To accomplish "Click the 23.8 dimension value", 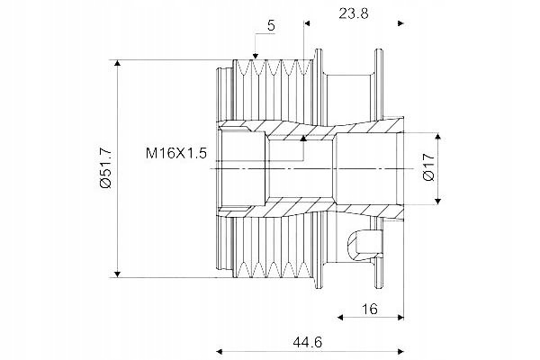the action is tap(354, 13).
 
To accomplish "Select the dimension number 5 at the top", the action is tap(272, 25).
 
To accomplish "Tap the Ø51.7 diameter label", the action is tap(105, 168).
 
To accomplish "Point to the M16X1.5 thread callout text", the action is tap(176, 153).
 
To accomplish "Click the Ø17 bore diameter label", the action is tap(429, 167).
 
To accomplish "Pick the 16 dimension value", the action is tap(370, 309).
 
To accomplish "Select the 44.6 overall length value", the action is tap(308, 342).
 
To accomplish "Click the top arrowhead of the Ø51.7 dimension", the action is tap(117, 63).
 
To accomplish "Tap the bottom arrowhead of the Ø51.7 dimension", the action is tap(117, 274).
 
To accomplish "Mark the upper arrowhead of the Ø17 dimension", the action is tap(438, 136).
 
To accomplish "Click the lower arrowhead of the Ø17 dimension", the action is tap(438, 201).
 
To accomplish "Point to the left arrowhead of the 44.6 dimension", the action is tap(220, 351).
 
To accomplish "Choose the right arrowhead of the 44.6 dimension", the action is tap(400, 351).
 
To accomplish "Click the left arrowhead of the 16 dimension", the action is tap(340, 317).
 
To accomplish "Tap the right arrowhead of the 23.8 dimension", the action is tap(400, 23).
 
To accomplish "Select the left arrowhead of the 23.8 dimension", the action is tap(307, 23).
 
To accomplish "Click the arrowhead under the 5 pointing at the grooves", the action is tap(256, 56).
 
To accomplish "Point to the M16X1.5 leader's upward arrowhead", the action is tap(303, 139).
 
